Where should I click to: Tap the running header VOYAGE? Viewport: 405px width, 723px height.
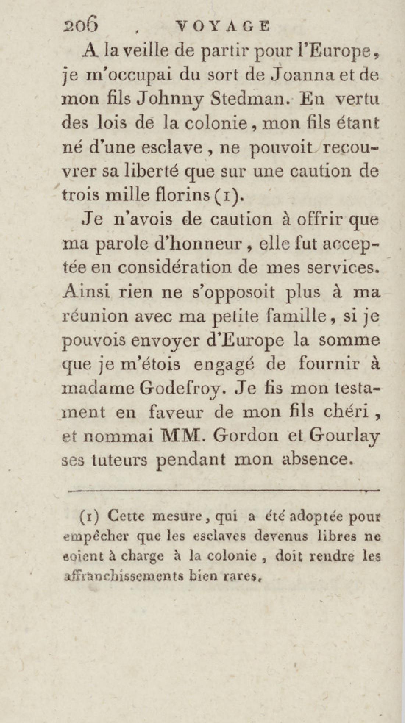click(223, 26)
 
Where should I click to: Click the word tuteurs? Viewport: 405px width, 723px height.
click(119, 460)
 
